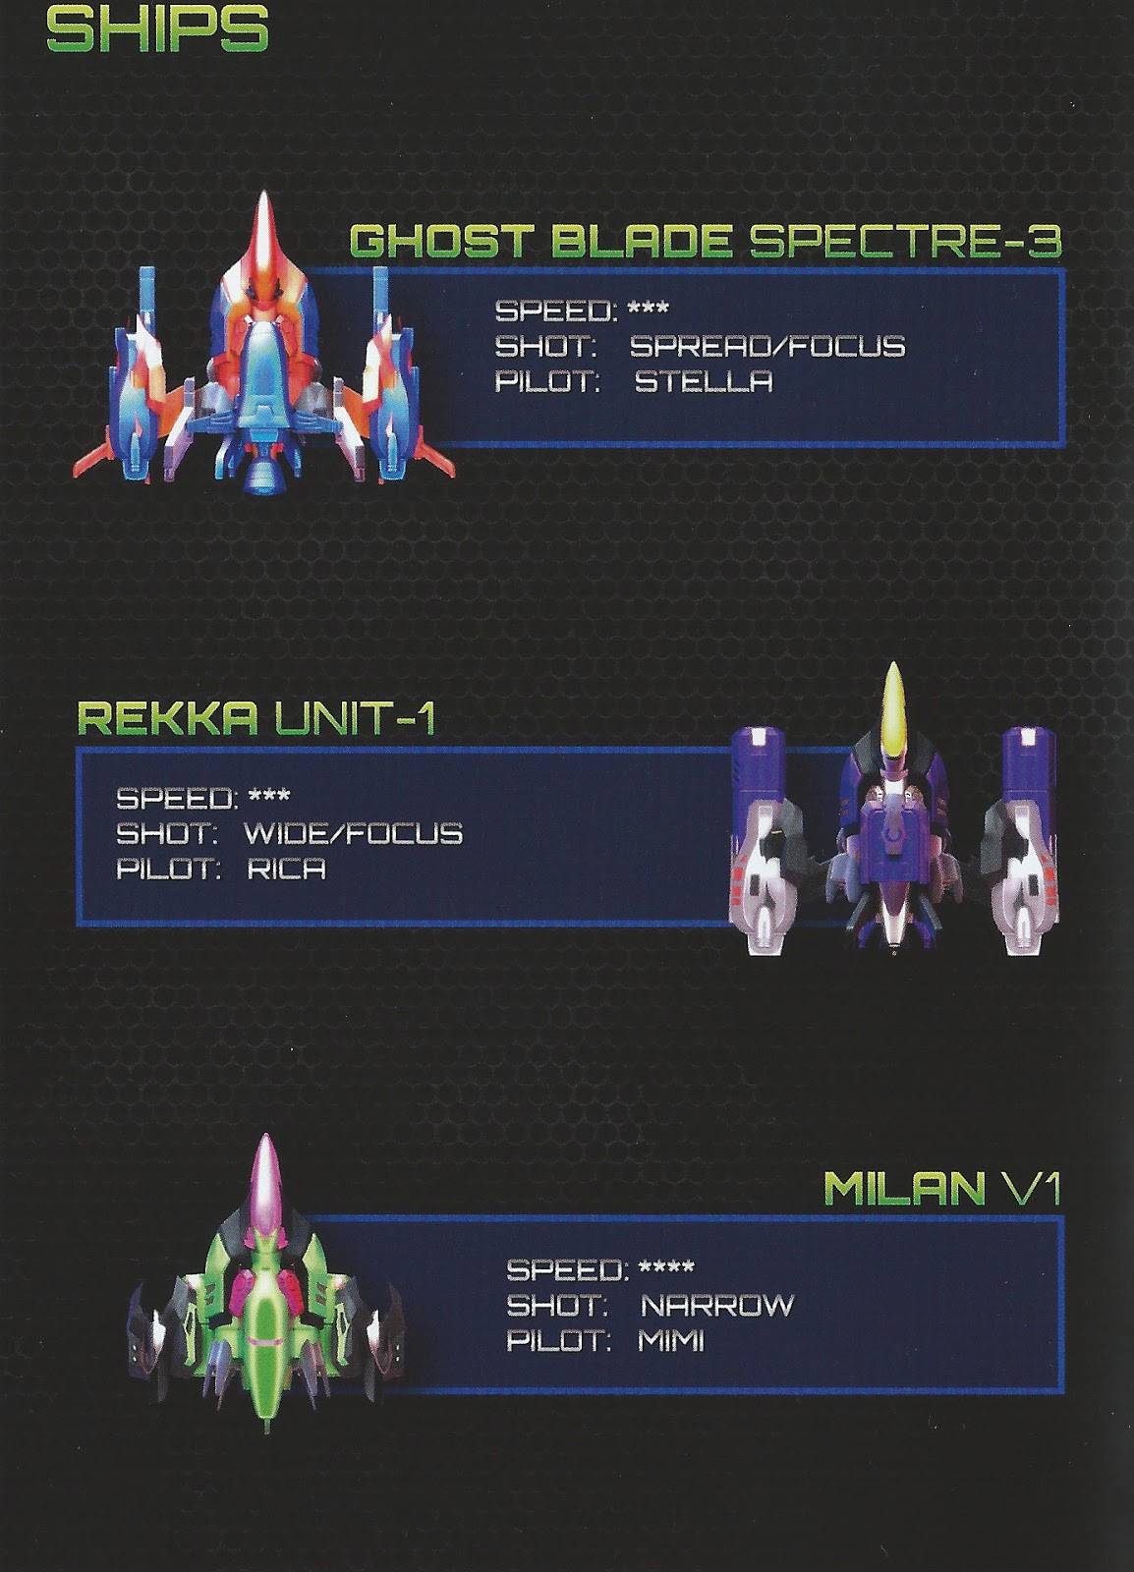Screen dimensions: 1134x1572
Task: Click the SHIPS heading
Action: click(157, 30)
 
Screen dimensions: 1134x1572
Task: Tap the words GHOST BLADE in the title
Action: click(541, 241)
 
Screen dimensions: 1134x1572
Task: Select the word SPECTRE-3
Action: click(905, 241)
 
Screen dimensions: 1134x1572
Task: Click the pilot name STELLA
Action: click(704, 381)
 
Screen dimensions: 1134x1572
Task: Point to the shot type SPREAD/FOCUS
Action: click(766, 346)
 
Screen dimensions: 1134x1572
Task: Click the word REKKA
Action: click(167, 719)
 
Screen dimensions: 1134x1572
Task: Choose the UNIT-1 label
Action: click(351, 719)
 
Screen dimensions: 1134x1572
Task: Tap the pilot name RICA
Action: click(286, 869)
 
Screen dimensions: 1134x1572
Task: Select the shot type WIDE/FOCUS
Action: click(353, 833)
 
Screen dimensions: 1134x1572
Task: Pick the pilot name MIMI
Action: click(671, 1340)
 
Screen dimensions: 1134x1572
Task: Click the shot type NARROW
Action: click(716, 1305)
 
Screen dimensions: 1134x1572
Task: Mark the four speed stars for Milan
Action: click(666, 1267)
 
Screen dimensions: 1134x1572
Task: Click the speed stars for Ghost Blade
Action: click(648, 309)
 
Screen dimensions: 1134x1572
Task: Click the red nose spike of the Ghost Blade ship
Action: click(263, 231)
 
